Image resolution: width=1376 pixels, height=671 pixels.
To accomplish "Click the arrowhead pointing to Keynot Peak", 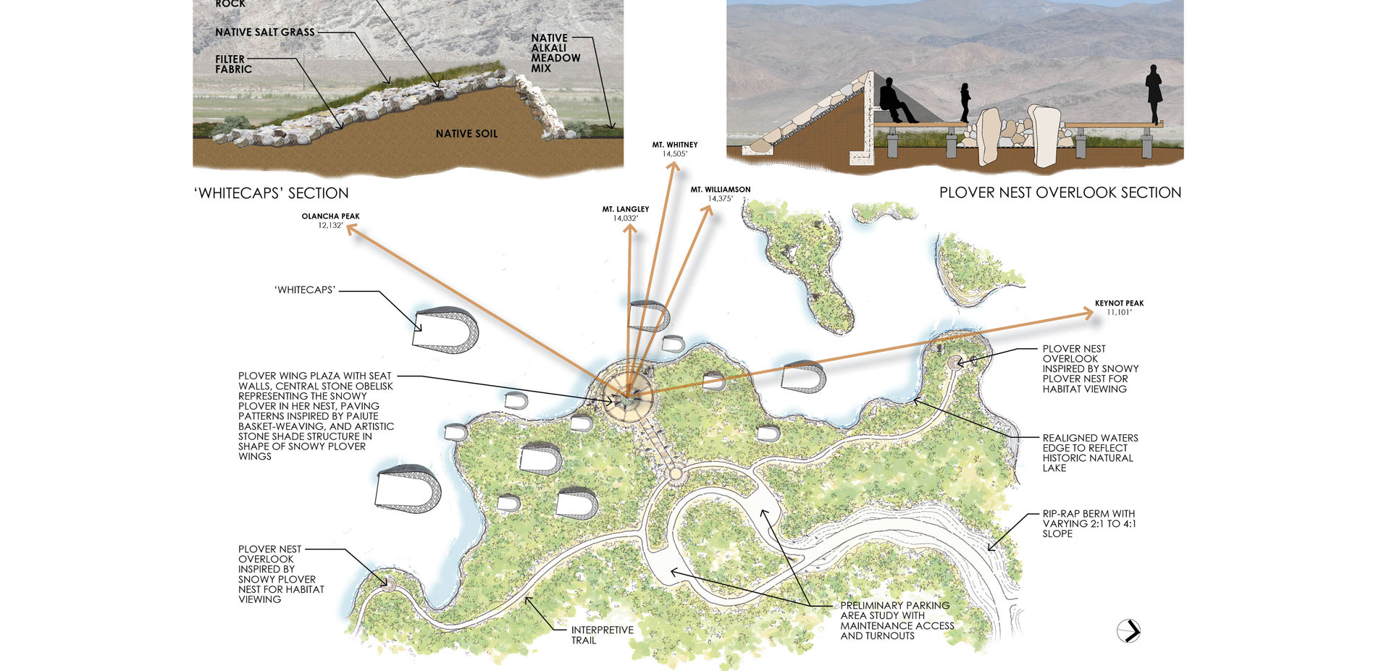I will coord(1088,313).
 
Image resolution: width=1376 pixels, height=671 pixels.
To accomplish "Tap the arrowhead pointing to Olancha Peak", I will coord(351,229).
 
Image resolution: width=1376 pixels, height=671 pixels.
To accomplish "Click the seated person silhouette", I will coord(896,101).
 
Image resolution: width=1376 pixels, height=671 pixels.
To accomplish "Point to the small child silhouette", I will coord(965,102).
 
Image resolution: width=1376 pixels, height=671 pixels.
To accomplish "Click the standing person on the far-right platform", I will coord(1153,93).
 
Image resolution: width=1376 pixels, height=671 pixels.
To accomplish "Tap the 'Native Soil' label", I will coord(466,134).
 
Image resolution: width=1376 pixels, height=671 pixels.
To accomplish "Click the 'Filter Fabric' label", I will coord(233,64).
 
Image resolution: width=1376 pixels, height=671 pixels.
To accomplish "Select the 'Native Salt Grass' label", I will coord(265,33).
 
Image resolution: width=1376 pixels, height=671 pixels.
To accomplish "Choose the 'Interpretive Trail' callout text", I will coord(601,635).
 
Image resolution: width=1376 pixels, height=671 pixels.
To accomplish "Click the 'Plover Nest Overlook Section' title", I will coord(1060,193).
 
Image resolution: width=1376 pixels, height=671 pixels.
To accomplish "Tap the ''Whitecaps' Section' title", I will coord(272,193).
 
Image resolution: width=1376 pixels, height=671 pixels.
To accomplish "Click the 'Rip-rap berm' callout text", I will coord(1088,523).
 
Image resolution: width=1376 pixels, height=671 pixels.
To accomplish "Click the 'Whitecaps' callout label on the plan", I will coord(305,290).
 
